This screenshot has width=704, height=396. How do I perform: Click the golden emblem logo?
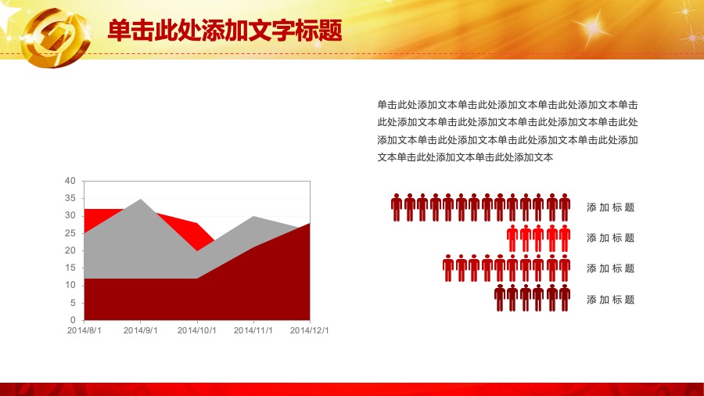point(56,38)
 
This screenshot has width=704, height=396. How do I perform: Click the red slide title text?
point(225,31)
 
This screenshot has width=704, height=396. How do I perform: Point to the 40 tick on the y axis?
point(70,181)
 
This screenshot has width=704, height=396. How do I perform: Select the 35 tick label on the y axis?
point(70,199)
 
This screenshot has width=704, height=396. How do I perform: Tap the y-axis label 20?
point(70,250)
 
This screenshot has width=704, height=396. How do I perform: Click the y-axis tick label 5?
point(73,303)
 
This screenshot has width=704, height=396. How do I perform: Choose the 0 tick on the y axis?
point(73,320)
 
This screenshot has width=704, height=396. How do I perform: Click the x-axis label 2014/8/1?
point(84,330)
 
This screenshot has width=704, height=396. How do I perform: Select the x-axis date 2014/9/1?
point(141,330)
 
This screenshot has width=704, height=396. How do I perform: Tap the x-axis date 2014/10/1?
point(196,330)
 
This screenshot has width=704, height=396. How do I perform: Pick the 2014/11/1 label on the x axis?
point(253,330)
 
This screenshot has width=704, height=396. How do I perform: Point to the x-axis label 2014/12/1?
point(309,330)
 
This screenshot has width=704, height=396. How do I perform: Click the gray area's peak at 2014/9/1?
point(141,199)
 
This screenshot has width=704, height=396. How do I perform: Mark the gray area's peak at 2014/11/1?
point(253,217)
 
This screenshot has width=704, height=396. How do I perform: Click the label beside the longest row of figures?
point(611,207)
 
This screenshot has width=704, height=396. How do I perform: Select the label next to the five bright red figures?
point(611,238)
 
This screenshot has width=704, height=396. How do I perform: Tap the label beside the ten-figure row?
point(611,268)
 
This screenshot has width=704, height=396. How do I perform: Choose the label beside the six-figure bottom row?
point(611,300)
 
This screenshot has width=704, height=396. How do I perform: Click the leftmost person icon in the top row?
point(396,207)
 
